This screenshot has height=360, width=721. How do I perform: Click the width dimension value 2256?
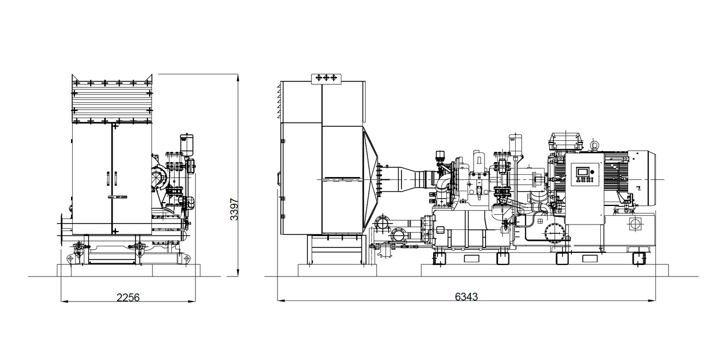(128, 297)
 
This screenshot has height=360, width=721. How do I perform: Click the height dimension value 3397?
(234, 209)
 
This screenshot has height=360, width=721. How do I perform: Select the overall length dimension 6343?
(466, 296)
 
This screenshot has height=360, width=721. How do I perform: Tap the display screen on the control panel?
(582, 172)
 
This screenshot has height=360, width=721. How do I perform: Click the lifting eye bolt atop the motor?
(594, 145)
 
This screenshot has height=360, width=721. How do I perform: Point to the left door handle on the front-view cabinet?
(108, 179)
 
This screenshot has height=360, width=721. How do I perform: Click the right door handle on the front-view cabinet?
(116, 179)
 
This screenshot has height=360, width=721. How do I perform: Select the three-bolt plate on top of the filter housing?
(326, 79)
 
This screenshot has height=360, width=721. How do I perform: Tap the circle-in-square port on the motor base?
(635, 224)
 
